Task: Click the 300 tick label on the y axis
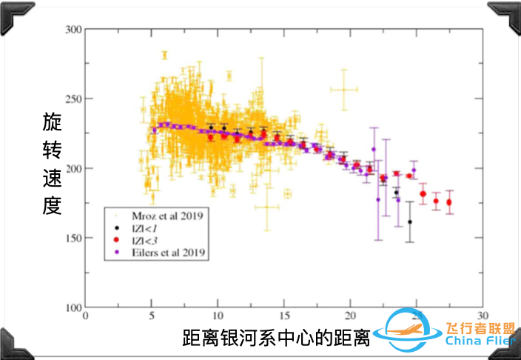(x=72, y=30)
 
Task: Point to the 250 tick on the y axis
(x=72, y=99)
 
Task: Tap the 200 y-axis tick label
(x=72, y=168)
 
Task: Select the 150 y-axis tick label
(x=72, y=238)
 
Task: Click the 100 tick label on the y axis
(x=72, y=307)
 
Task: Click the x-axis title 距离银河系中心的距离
(x=275, y=338)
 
